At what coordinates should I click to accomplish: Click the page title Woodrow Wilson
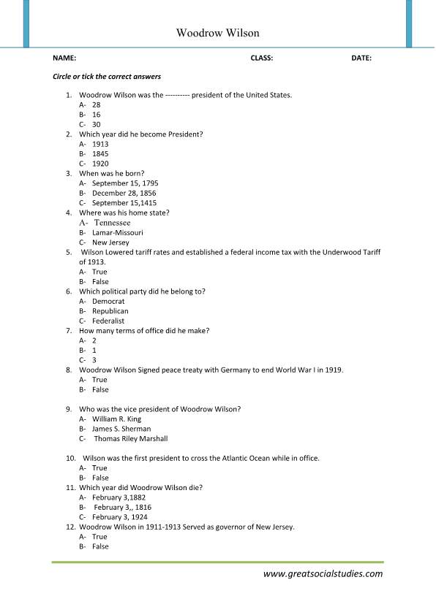click(218, 33)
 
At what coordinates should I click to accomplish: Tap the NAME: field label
click(64, 58)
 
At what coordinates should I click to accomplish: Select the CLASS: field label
click(261, 58)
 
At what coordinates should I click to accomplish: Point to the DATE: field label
click(361, 58)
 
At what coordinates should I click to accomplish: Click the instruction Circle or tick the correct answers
click(107, 76)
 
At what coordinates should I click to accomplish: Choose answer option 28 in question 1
click(96, 105)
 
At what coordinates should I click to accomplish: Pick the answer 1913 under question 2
click(100, 144)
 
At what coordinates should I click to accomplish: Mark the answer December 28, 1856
click(124, 193)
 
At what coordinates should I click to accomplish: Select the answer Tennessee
click(112, 222)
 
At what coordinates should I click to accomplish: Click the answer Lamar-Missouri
click(118, 232)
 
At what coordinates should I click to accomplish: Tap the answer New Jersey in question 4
click(110, 242)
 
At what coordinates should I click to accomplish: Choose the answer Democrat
click(108, 301)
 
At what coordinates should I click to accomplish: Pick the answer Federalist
click(108, 321)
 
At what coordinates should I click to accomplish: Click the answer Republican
click(110, 310)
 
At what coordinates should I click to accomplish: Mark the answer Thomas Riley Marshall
click(131, 439)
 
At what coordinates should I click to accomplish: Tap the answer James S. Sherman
click(121, 429)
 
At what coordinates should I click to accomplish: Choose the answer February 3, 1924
click(122, 517)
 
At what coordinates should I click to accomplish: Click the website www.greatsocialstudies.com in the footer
click(323, 573)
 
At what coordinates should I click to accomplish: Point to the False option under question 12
click(100, 546)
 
